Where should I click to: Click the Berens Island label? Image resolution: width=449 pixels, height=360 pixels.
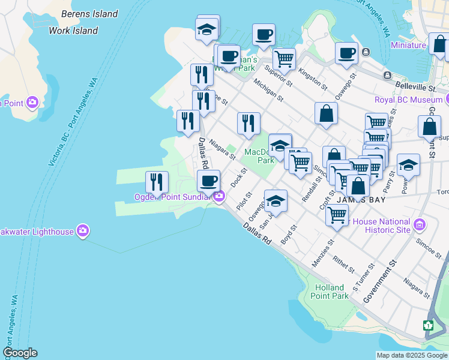click(x=89, y=14)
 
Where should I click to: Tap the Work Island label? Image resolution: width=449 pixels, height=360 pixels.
click(x=73, y=30)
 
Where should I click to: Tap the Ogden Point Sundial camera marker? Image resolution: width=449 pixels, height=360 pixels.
click(x=220, y=196)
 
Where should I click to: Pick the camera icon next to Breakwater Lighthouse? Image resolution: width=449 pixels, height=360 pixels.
click(x=83, y=230)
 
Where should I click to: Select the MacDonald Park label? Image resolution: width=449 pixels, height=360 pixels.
click(x=259, y=156)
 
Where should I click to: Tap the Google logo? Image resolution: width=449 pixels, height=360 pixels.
click(x=20, y=353)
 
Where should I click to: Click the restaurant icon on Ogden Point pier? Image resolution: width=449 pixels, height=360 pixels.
click(x=157, y=181)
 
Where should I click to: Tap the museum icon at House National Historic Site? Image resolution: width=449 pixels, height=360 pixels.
click(x=419, y=226)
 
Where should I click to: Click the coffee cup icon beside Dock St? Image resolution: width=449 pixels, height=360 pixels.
click(x=209, y=180)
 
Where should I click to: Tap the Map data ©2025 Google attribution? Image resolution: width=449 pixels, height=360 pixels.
click(x=411, y=355)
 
